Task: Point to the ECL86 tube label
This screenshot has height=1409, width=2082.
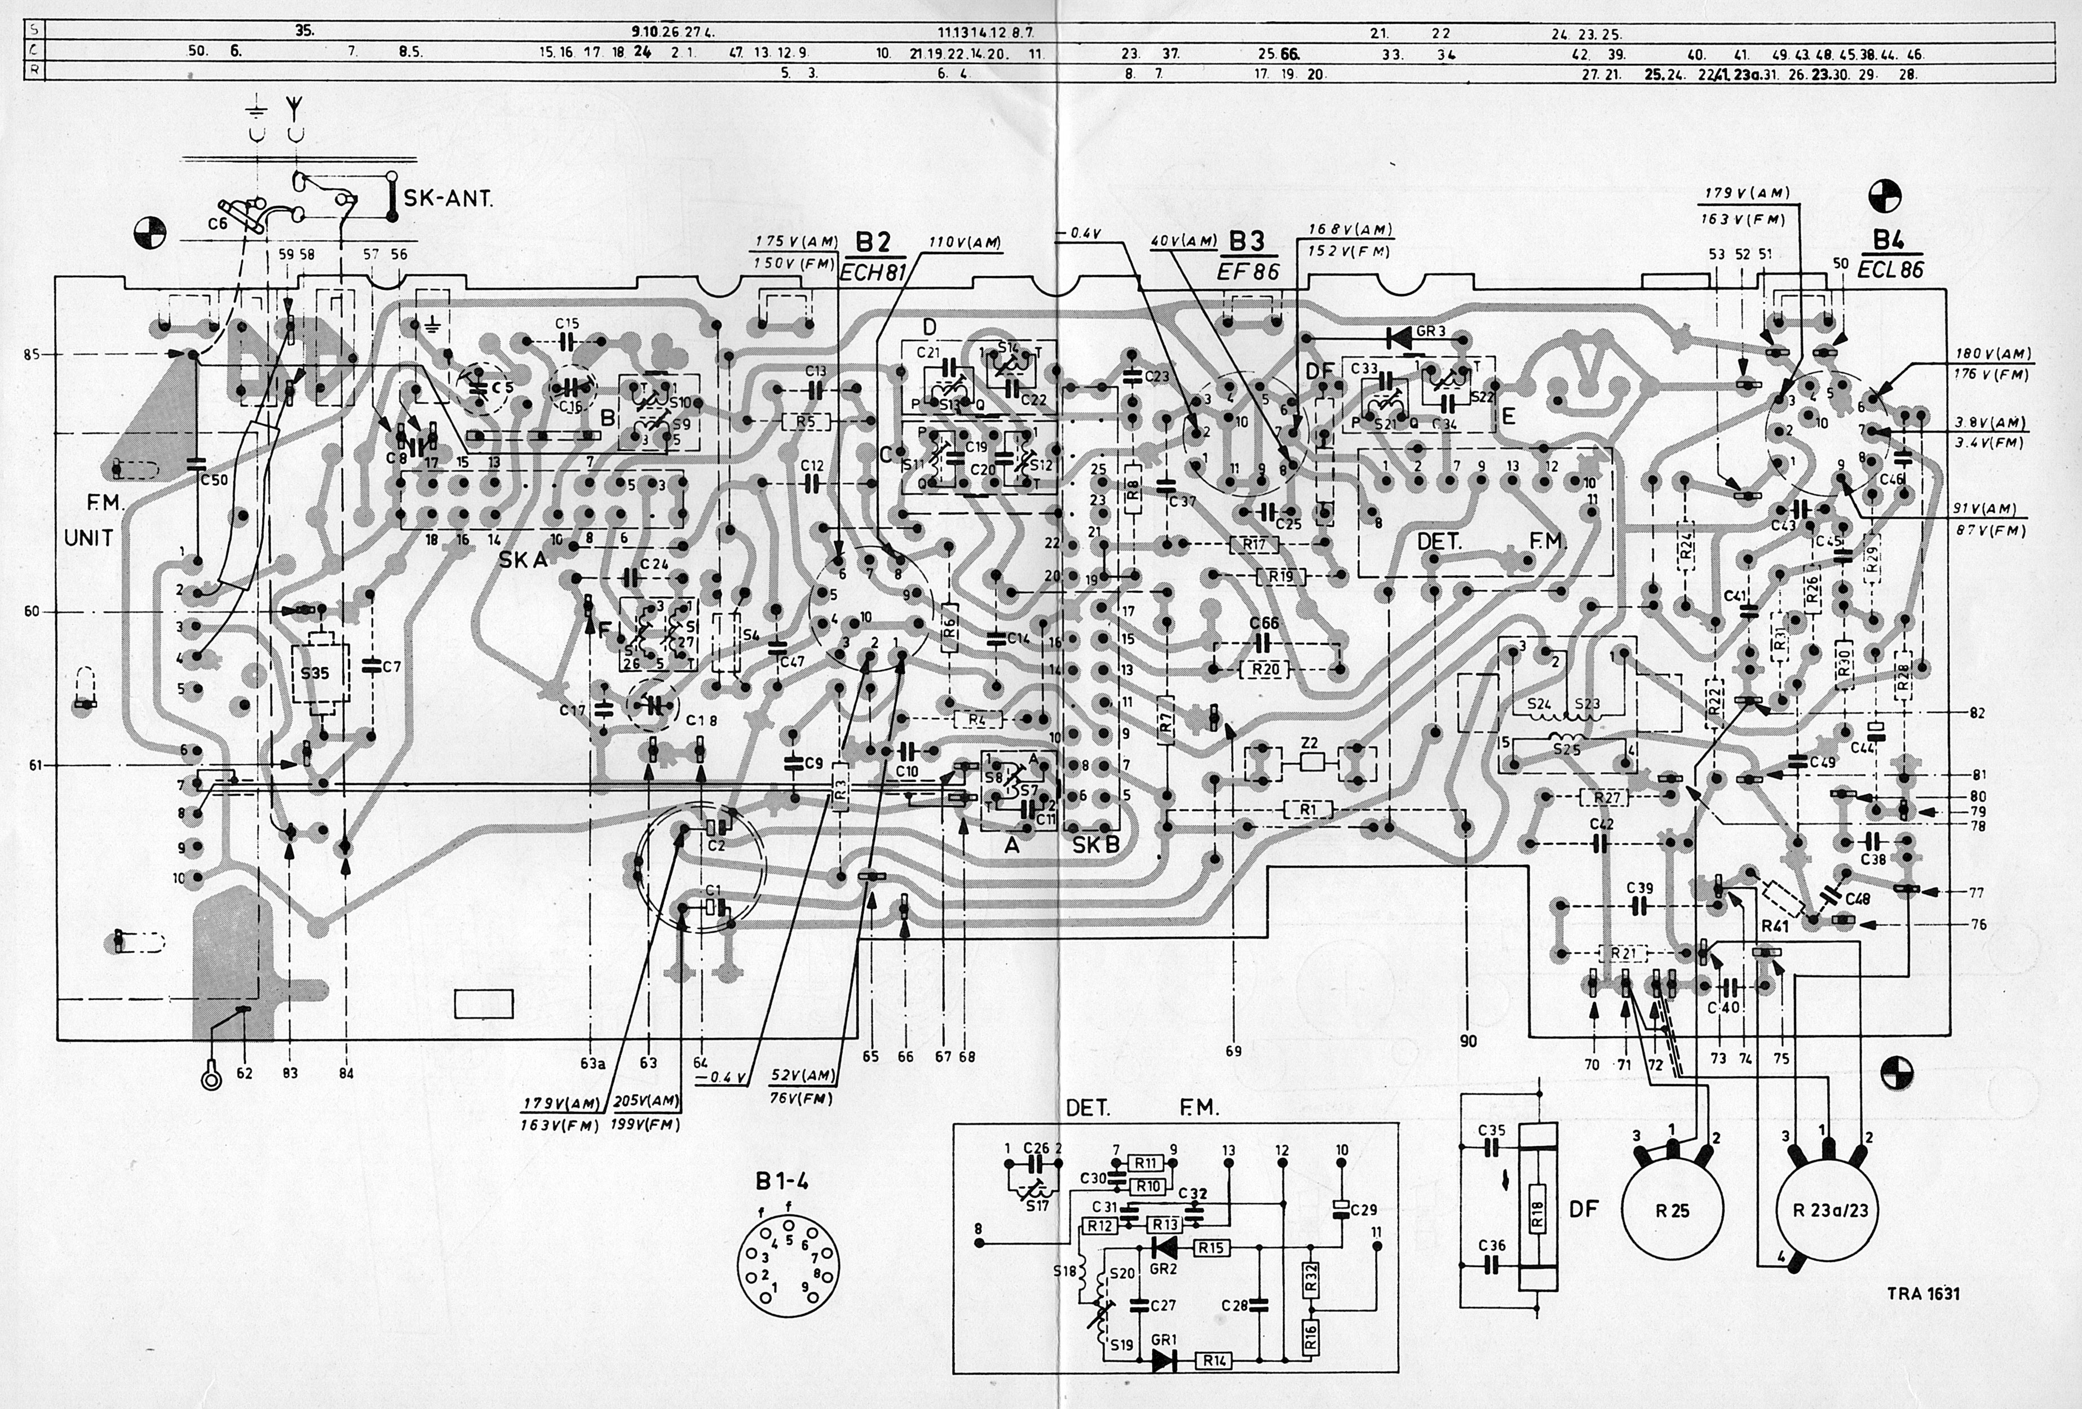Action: tap(1890, 269)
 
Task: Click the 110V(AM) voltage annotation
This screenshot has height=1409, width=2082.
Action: tap(965, 243)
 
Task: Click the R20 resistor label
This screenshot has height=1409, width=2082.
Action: tap(1266, 669)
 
